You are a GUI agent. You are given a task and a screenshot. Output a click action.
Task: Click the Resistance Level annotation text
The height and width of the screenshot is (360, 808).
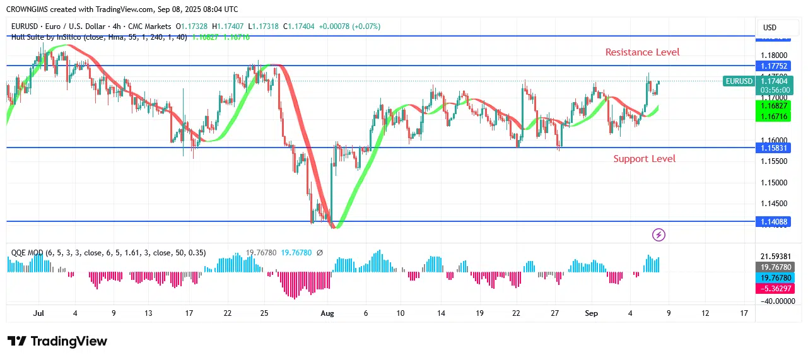point(642,52)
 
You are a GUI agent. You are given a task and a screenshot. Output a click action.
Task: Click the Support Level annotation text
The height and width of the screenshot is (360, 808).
point(644,159)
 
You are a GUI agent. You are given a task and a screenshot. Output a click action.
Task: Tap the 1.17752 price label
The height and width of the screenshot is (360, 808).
point(774,66)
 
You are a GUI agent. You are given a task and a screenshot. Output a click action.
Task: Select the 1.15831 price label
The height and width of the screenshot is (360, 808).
point(774,148)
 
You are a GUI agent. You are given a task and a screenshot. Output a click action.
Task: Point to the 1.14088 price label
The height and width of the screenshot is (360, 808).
point(774,221)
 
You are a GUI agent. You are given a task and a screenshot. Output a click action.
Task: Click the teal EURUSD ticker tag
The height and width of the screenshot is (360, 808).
point(739,81)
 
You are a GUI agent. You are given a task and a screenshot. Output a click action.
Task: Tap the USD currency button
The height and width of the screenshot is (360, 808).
point(770,28)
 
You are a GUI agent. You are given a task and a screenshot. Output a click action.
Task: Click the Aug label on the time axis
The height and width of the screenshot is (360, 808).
point(327,313)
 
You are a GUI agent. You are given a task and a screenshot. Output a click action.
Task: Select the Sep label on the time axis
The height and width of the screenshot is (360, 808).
point(591,313)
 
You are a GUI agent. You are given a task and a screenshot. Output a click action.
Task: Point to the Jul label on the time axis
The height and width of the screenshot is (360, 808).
point(38,313)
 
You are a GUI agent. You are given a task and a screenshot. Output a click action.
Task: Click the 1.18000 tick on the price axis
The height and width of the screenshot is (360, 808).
point(774,55)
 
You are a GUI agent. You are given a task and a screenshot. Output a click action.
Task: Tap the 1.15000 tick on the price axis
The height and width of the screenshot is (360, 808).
point(774,183)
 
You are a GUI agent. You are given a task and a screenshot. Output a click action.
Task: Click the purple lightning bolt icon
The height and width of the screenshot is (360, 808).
point(659,235)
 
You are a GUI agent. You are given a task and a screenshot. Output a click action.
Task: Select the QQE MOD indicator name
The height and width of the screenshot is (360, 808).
point(27,253)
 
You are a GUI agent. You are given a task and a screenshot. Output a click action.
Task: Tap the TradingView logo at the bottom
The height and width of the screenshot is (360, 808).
point(57,341)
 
